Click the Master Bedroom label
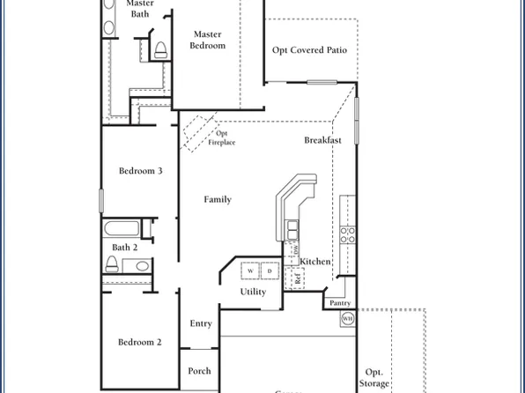[x=209, y=40]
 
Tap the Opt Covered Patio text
[x=309, y=50]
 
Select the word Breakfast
[x=322, y=140]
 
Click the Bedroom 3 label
[x=140, y=171]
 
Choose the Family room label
[x=218, y=199]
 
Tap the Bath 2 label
[x=124, y=248]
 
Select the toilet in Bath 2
[x=120, y=265]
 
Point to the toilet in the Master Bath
[x=160, y=49]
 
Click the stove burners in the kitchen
[x=348, y=234]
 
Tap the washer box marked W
[x=250, y=270]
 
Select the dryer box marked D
[x=270, y=270]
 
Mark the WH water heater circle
[x=347, y=318]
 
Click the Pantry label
[x=340, y=303]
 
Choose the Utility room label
[x=253, y=292]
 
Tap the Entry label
[x=201, y=323]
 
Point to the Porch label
[x=199, y=371]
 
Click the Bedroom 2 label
[x=140, y=342]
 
